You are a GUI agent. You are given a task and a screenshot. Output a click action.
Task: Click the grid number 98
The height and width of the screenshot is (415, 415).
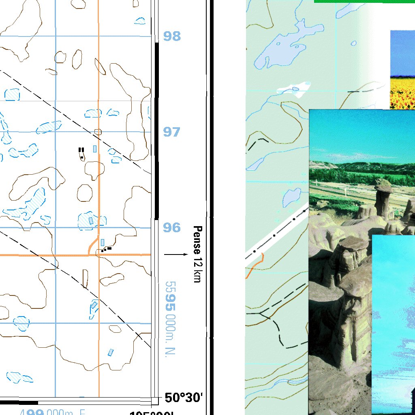[x=172, y=36]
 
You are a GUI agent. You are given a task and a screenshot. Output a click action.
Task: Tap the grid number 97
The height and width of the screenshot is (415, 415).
[x=172, y=132]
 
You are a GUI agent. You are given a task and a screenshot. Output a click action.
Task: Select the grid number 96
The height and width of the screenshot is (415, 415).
[x=172, y=228]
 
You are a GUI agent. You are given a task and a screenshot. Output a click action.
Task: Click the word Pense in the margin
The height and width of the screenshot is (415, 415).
[x=197, y=236]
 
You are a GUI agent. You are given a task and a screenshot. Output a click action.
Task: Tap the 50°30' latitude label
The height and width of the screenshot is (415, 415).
[x=183, y=398]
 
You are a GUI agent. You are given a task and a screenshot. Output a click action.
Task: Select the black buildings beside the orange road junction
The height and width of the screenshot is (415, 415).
[x=106, y=249]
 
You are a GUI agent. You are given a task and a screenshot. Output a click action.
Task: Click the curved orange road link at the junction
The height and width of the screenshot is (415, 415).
[x=92, y=245]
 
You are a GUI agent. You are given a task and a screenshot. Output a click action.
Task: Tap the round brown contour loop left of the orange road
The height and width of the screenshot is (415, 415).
[x=85, y=193]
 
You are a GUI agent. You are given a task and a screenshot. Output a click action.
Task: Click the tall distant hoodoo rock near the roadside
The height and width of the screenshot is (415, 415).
[x=383, y=199]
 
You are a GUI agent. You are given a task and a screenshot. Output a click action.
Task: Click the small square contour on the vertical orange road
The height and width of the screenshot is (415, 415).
[x=98, y=132]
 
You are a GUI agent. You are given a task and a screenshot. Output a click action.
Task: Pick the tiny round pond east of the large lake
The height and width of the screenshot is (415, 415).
[x=354, y=43]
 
